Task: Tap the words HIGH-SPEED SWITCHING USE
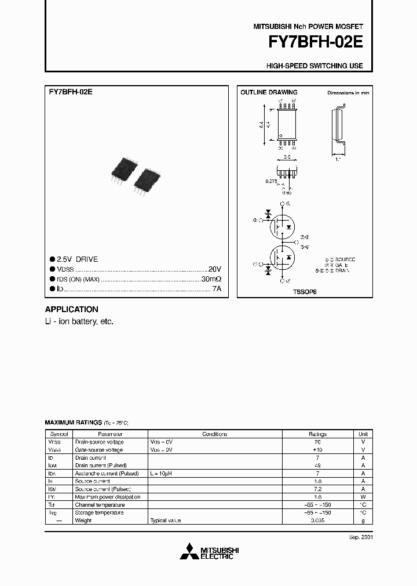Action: coord(314,66)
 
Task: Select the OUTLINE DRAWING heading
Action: coord(269,93)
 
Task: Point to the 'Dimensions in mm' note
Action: coord(348,93)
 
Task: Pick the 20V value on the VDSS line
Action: coord(215,269)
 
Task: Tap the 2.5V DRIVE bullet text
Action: coord(78,259)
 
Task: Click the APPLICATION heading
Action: coord(72,309)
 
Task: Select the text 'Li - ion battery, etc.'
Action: coord(79,321)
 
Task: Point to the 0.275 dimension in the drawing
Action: coord(271,181)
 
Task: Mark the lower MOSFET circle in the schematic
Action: coord(282,257)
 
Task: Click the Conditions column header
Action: coord(214,434)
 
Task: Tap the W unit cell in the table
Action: coord(363,497)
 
